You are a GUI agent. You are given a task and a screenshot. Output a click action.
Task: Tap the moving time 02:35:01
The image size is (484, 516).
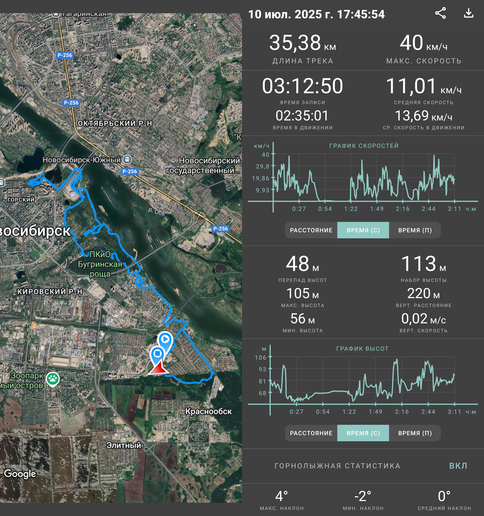tap(302, 116)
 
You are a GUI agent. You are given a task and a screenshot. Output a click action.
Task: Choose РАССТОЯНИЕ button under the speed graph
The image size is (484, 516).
tap(311, 230)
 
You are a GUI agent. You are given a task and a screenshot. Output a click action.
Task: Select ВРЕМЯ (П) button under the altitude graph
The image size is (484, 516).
tap(415, 433)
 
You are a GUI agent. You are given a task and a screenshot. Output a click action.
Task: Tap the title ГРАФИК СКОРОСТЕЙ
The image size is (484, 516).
tap(364, 146)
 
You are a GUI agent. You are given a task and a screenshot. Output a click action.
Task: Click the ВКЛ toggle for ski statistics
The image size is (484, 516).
tap(458, 466)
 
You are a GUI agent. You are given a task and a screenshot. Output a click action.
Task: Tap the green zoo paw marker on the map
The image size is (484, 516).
tap(53, 379)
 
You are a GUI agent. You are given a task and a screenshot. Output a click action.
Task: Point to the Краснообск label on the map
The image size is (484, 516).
tap(208, 411)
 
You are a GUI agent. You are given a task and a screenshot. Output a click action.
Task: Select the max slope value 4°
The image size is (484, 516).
tap(281, 496)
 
